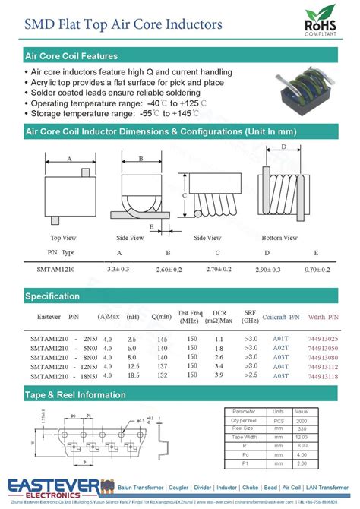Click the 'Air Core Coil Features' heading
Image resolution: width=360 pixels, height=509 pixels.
[71, 56]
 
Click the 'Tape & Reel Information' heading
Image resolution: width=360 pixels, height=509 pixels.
[75, 395]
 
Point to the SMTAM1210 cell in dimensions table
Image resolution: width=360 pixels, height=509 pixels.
[55, 270]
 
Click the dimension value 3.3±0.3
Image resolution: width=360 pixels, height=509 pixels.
[118, 270]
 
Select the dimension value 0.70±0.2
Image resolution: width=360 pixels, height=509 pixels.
[317, 270]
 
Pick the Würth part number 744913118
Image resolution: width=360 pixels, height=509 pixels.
[324, 375]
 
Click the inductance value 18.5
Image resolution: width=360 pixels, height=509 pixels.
[132, 375]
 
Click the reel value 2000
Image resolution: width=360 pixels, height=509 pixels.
[302, 420]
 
